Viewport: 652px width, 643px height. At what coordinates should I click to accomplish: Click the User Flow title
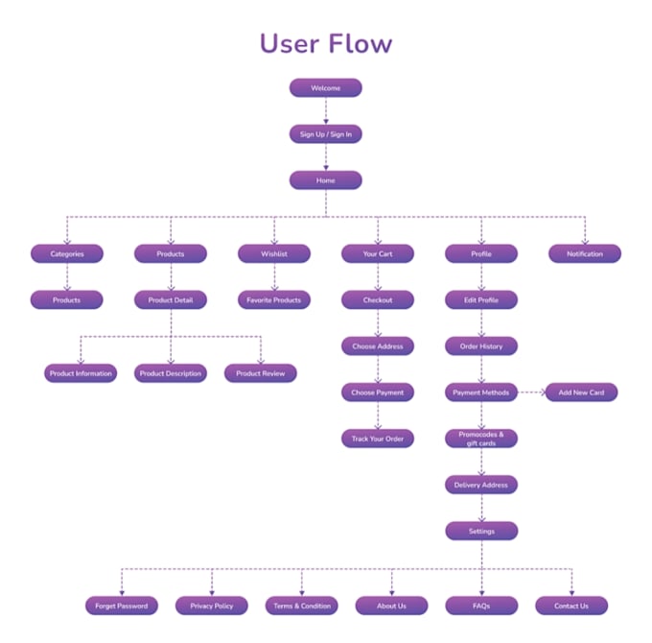(326, 43)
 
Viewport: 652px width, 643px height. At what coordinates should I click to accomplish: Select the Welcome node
(326, 88)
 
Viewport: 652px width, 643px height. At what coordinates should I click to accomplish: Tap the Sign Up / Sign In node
(326, 134)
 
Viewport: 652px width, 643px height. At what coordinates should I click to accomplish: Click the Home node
(326, 180)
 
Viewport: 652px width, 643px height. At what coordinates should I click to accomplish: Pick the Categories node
(67, 253)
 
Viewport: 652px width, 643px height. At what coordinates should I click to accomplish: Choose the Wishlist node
(274, 253)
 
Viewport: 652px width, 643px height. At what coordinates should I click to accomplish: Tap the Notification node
(585, 253)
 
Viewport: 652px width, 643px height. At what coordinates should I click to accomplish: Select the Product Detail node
(171, 299)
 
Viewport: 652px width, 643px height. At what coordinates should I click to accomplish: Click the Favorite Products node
(274, 299)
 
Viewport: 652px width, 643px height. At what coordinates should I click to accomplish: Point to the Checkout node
(378, 299)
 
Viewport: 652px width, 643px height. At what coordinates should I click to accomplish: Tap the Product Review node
(261, 373)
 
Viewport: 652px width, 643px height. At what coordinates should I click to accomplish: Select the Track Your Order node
(378, 439)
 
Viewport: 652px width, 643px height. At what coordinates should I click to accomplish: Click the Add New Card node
(581, 393)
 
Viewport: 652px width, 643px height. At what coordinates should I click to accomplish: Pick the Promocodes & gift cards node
(481, 439)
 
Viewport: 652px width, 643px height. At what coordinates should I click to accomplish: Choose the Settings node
(481, 531)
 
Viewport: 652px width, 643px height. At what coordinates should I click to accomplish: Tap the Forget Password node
(122, 606)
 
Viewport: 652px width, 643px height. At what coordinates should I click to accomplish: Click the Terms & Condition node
(302, 606)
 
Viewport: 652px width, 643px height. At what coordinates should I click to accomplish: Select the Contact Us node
(571, 606)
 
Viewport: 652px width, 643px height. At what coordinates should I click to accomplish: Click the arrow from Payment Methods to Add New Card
(531, 393)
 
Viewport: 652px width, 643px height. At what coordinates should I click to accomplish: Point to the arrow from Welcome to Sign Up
(326, 111)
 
